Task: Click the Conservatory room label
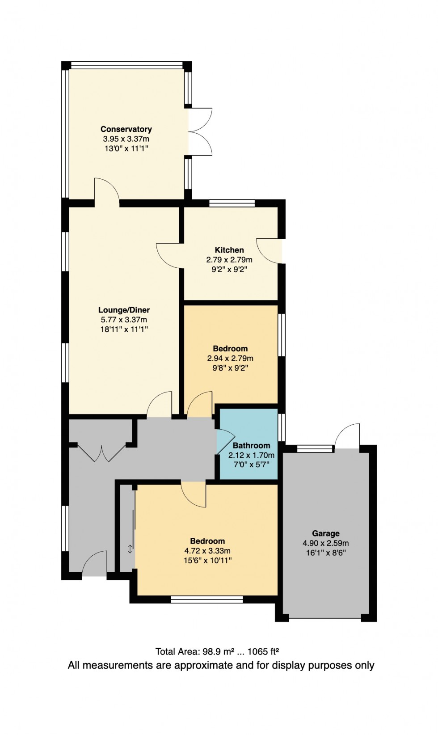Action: (126, 129)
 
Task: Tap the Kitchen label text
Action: (229, 250)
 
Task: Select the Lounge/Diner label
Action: (124, 310)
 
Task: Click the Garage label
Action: (325, 533)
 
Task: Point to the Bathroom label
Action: (251, 445)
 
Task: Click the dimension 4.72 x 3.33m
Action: (207, 551)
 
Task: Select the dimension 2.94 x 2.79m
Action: (230, 358)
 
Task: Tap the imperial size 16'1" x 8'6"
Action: (325, 553)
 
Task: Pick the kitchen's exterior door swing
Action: (269, 251)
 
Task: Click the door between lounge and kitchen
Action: (169, 255)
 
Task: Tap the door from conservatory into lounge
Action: (106, 190)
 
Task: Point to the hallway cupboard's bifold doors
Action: (102, 452)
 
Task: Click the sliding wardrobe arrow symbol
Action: (130, 549)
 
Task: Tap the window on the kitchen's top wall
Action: (232, 203)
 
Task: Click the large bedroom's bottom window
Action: (206, 600)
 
